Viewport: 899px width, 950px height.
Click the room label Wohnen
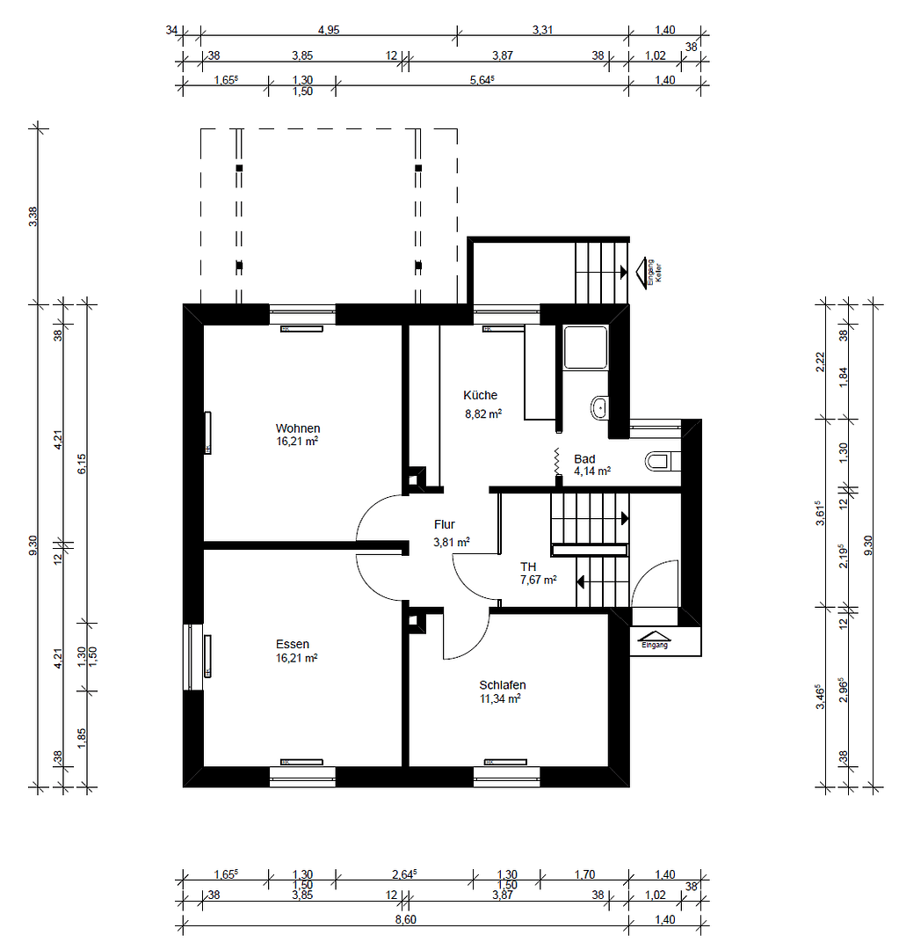(x=297, y=428)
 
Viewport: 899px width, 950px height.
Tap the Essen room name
(x=293, y=644)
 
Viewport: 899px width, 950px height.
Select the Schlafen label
(x=503, y=685)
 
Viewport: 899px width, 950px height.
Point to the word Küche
(x=481, y=396)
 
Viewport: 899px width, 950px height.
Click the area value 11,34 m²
(x=500, y=699)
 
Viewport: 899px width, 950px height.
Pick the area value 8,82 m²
(x=482, y=413)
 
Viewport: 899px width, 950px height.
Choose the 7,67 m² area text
(x=538, y=580)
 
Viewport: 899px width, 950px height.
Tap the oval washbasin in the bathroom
(x=598, y=406)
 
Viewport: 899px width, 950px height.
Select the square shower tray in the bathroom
(x=585, y=347)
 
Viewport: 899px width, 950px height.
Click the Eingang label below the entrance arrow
(x=655, y=646)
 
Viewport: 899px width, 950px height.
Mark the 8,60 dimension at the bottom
(x=405, y=920)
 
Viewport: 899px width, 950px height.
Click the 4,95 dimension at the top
(x=329, y=30)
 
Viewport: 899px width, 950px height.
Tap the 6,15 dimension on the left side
(x=83, y=464)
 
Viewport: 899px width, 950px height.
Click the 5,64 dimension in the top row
(x=482, y=80)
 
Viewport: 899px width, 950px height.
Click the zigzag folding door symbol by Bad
(x=557, y=464)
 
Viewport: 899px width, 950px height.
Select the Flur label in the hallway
(x=444, y=524)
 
